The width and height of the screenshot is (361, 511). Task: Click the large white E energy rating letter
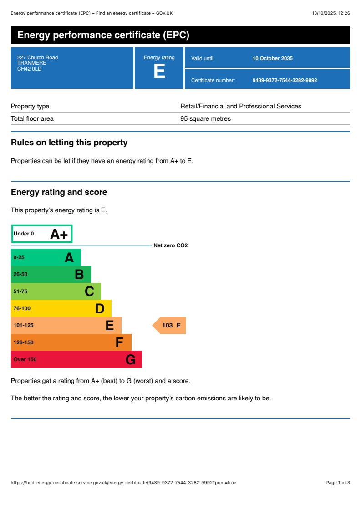click(x=159, y=72)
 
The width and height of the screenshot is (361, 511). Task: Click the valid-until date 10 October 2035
click(x=272, y=58)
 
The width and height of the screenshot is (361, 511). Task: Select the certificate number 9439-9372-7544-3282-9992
click(x=285, y=80)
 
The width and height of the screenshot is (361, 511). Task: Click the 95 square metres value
click(x=205, y=118)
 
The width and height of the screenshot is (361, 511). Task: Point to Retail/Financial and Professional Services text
click(x=241, y=106)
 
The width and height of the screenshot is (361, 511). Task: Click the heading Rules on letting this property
click(x=69, y=143)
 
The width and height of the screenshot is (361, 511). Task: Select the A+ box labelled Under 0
click(x=41, y=234)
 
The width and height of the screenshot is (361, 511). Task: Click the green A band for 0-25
click(x=46, y=257)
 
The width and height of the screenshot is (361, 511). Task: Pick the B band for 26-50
click(x=51, y=274)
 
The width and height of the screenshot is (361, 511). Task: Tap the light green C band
click(x=56, y=291)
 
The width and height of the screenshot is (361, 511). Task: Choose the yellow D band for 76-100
click(x=61, y=308)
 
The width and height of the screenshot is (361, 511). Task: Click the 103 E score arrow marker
click(x=170, y=325)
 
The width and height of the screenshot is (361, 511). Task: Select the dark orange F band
click(x=71, y=342)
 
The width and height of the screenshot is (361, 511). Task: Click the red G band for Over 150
click(x=76, y=359)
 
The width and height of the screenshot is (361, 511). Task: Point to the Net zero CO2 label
click(x=170, y=245)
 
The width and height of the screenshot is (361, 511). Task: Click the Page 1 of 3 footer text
click(x=338, y=482)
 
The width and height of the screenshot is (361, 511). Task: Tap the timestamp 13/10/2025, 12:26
click(x=330, y=13)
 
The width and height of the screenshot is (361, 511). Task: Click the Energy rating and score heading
click(x=59, y=192)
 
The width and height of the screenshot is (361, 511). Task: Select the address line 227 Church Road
click(x=37, y=57)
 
